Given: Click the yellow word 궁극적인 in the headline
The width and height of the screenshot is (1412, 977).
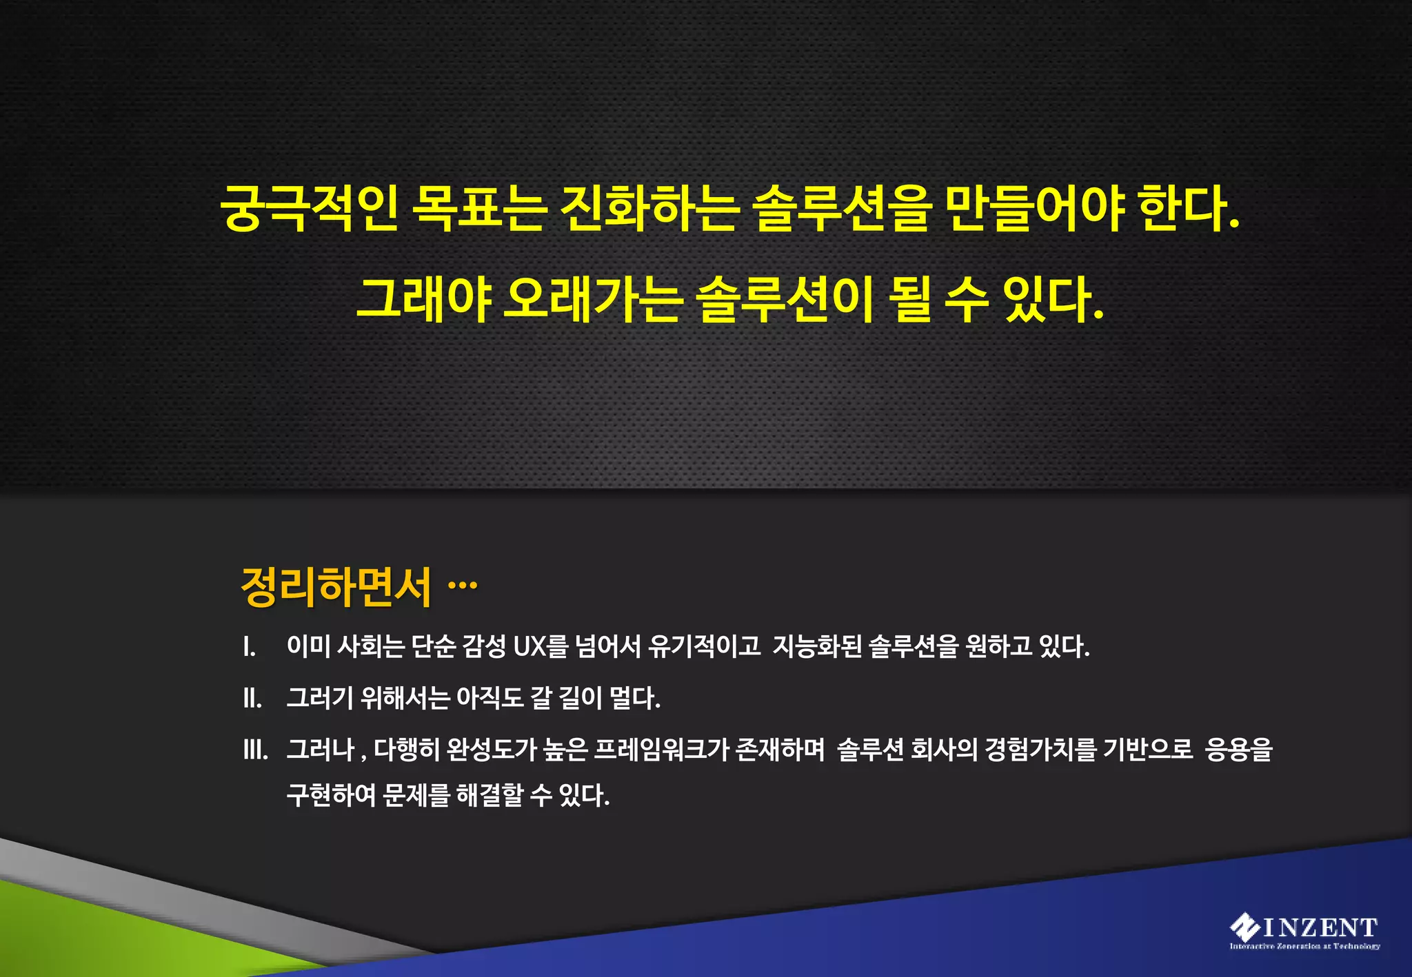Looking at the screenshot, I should [309, 207].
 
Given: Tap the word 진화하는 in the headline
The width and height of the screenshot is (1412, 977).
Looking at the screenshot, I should [649, 207].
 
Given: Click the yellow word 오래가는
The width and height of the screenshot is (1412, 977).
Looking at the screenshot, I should [593, 299].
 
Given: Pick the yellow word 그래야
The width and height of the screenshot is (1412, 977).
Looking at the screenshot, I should [423, 299].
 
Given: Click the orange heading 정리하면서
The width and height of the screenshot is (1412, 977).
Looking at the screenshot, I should [336, 587].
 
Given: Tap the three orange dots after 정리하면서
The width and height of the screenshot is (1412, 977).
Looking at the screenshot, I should [463, 586].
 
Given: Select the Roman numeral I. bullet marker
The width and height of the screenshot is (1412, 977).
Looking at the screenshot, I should [249, 647].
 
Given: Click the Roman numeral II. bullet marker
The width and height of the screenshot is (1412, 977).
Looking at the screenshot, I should [252, 699].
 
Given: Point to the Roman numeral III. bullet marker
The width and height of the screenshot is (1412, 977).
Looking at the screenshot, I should [256, 750].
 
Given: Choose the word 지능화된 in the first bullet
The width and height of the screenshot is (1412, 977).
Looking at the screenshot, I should [817, 646].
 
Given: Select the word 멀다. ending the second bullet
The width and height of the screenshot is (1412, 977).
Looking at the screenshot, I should [635, 698].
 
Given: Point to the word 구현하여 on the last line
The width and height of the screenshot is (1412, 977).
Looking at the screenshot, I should [331, 795].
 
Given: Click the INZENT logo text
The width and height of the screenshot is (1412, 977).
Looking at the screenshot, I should [1320, 927].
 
